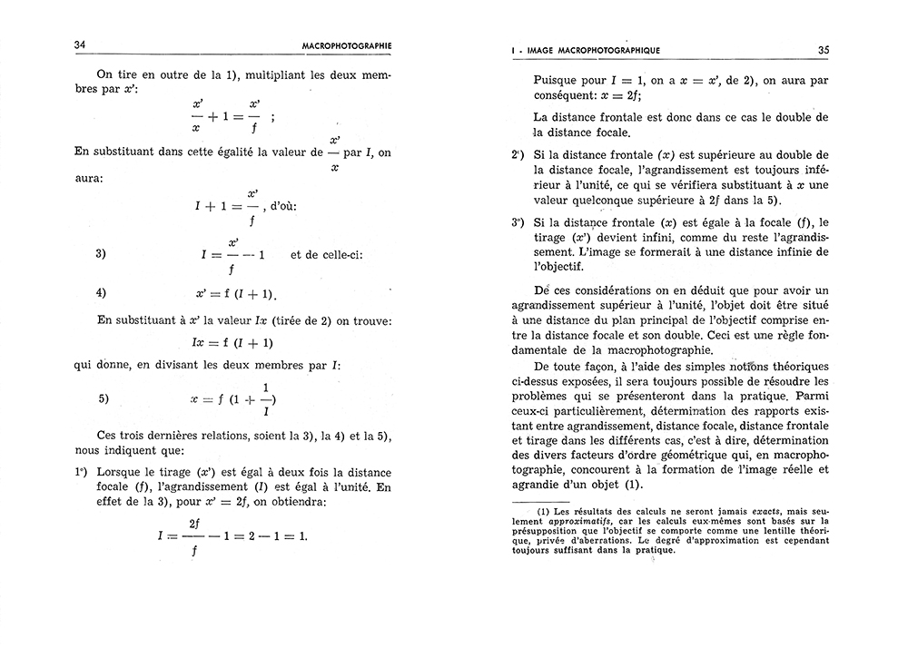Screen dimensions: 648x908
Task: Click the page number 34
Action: pyautogui.click(x=79, y=44)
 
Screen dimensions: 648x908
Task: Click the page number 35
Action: pyautogui.click(x=823, y=50)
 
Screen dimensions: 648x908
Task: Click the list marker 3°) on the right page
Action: pyautogui.click(x=518, y=221)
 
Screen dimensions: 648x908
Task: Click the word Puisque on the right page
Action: pyautogui.click(x=557, y=80)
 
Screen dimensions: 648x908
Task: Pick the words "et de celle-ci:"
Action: pyautogui.click(x=327, y=254)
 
